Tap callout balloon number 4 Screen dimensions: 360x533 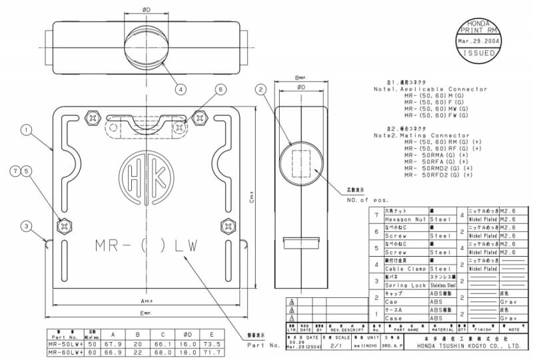pyautogui.click(x=181, y=89)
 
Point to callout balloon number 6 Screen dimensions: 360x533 pyautogui.click(x=221, y=89)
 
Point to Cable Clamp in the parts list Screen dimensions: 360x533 pyautogui.click(x=404, y=269)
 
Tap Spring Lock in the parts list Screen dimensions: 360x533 pyautogui.click(x=404, y=285)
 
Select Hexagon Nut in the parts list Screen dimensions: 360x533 pyautogui.click(x=404, y=219)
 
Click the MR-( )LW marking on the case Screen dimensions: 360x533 pyautogui.click(x=146, y=246)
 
